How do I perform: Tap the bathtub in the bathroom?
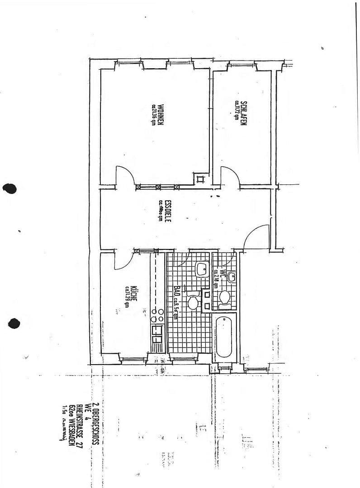click(224, 337)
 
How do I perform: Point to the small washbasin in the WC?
click(232, 277)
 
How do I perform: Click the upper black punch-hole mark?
click(9, 188)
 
